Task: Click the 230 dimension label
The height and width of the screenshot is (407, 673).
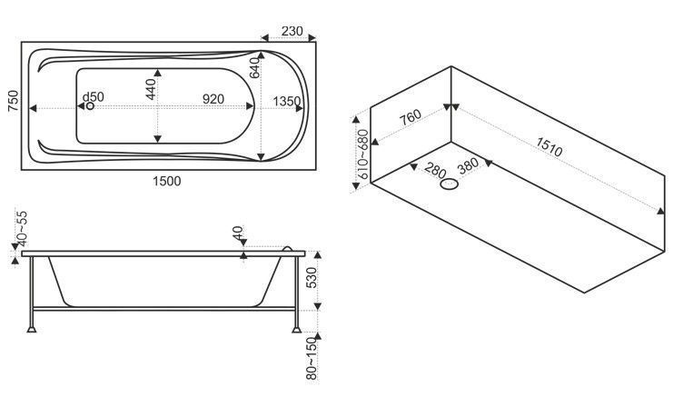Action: click(x=292, y=31)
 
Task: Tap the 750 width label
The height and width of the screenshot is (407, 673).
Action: click(x=14, y=101)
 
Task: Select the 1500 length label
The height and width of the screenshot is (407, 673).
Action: click(x=167, y=181)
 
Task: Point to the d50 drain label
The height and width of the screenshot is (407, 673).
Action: click(x=94, y=97)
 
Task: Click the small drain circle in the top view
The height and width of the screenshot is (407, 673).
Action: click(x=89, y=105)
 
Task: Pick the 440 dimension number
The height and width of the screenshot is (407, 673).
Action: click(x=151, y=89)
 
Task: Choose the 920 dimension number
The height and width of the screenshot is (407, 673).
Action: click(x=213, y=99)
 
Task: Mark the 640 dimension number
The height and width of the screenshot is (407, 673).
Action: click(x=254, y=68)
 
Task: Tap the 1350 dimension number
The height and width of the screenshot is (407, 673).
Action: click(x=287, y=102)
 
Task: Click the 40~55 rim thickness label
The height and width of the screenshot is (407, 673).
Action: click(x=22, y=227)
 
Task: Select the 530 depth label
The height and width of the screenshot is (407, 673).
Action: click(x=312, y=277)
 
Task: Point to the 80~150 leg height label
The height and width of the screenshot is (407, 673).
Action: click(x=312, y=359)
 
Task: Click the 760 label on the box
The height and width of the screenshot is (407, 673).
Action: click(x=411, y=117)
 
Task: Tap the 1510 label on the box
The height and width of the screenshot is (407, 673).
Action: click(x=549, y=147)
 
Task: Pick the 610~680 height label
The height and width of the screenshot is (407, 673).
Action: click(x=363, y=155)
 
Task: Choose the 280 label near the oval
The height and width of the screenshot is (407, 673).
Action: click(x=435, y=171)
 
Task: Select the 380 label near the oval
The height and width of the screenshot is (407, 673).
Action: click(x=468, y=165)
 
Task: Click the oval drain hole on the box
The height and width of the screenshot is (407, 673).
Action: click(x=450, y=184)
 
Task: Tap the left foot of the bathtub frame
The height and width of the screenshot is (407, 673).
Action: click(x=31, y=329)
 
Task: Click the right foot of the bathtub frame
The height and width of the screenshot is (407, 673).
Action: click(x=297, y=330)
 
